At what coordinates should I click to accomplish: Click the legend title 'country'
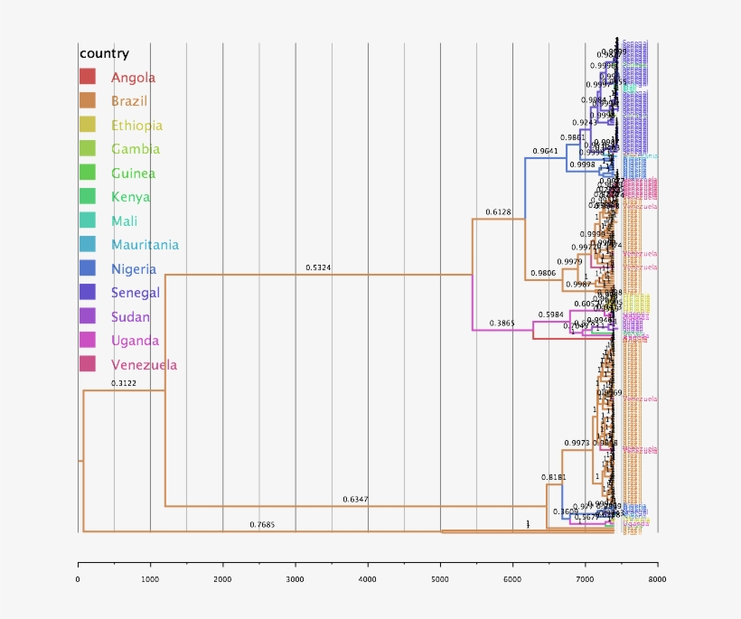coord(104,53)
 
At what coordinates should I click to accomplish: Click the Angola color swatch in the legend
coord(88,78)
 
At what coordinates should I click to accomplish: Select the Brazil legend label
coord(129,101)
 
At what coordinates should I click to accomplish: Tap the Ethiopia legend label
coord(136,126)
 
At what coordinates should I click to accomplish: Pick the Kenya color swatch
coord(88,197)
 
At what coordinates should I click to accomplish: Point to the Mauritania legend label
coord(145,245)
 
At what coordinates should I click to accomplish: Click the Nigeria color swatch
coord(88,268)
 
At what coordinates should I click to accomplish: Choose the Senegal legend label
coord(136,293)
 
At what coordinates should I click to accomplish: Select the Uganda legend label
coord(135,341)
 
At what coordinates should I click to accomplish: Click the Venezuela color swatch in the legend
coord(88,364)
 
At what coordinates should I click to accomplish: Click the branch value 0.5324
coord(318,267)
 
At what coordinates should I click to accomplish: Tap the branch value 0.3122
coord(124,383)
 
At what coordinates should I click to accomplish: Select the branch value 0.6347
coord(355,500)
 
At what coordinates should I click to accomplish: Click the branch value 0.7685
coord(262,525)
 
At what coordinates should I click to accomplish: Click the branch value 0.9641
coord(545,151)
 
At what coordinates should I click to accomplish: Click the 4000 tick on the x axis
coord(368,579)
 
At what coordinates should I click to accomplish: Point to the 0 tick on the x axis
coord(78,579)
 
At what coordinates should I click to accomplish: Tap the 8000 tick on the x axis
coord(657,579)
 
